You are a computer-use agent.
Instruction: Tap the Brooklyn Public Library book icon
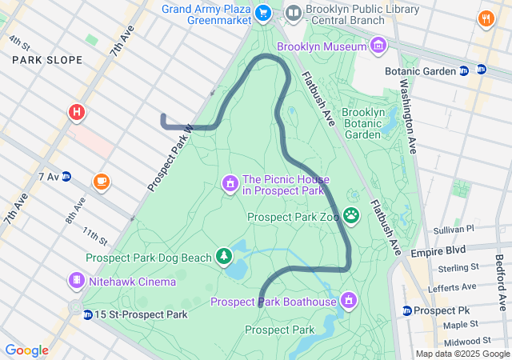[x=294, y=12]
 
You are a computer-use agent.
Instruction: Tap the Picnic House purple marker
[x=230, y=184]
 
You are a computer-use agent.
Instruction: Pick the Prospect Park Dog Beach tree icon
[x=225, y=256]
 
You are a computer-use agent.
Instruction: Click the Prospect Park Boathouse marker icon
[x=348, y=300]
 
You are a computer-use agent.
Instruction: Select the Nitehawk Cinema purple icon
[x=76, y=281]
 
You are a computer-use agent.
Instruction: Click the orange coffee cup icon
[x=101, y=182]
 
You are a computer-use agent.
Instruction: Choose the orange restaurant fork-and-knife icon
[x=486, y=18]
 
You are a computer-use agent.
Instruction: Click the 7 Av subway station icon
[x=67, y=176]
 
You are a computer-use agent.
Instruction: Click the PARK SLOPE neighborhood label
[x=46, y=60]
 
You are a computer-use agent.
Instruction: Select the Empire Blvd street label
[x=438, y=251]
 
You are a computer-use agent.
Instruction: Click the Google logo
[x=26, y=350]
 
